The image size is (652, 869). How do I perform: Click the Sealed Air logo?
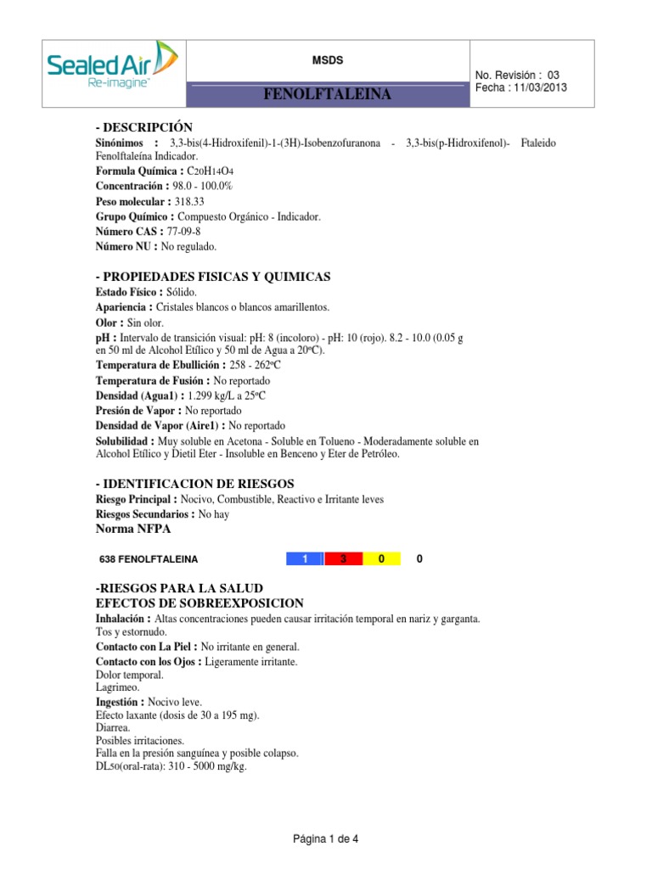pos(112,65)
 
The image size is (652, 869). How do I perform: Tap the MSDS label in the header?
pos(329,59)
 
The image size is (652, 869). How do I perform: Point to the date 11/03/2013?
pos(539,88)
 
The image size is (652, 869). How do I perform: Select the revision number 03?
pos(554,76)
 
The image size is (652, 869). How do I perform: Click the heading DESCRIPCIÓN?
pos(143,126)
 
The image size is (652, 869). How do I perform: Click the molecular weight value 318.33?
pos(194,201)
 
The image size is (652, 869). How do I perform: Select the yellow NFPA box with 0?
pos(382,559)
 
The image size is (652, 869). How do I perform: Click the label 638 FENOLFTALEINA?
pos(149,560)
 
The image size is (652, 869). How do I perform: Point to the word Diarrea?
pos(113,728)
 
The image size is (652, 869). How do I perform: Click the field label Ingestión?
pos(120,703)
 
